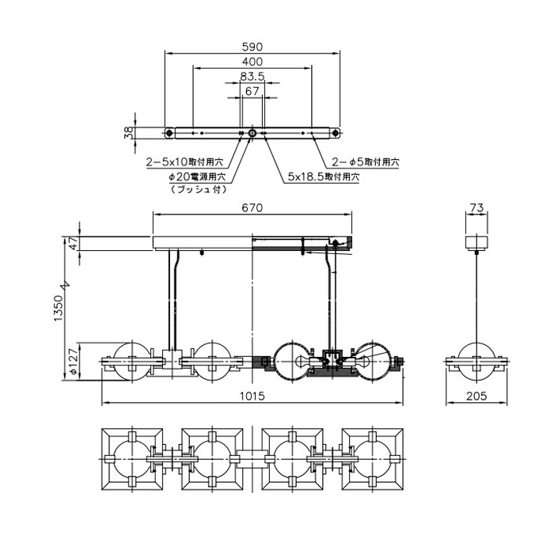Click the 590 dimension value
tap(252, 47)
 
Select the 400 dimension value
tap(252, 62)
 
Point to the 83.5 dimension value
tap(252, 77)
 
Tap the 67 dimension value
tap(252, 92)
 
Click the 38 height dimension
tap(130, 132)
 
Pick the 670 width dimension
tap(252, 207)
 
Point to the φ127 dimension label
tap(72, 361)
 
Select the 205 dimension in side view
tap(476, 396)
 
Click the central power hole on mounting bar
tap(252, 132)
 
